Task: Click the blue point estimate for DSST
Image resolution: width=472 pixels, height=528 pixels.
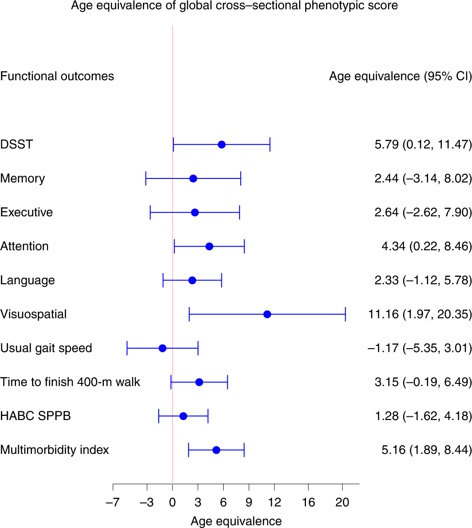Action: (221, 145)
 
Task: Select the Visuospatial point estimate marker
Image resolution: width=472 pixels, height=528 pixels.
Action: (267, 314)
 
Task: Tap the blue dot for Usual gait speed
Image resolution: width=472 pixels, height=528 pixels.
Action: (162, 348)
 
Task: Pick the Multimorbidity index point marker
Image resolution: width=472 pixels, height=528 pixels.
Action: (216, 450)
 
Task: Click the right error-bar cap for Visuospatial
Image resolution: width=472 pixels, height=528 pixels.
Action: (345, 314)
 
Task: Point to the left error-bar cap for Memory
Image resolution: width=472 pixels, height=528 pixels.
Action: (146, 178)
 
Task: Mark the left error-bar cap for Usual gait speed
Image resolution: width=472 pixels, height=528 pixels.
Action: (127, 348)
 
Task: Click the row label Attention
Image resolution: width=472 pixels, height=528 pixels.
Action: (24, 246)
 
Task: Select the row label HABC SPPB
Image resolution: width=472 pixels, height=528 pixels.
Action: (35, 416)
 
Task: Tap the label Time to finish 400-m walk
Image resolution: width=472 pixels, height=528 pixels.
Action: (70, 382)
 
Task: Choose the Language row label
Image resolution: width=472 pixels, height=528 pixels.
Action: (27, 280)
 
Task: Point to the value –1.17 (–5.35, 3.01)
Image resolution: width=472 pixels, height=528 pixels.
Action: (419, 348)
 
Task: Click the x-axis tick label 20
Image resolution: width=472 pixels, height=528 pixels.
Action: (342, 502)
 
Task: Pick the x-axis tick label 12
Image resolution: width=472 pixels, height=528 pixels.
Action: (274, 502)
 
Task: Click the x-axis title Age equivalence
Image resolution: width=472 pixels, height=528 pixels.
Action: (236, 521)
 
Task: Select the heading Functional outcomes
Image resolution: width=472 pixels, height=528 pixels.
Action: (57, 76)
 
